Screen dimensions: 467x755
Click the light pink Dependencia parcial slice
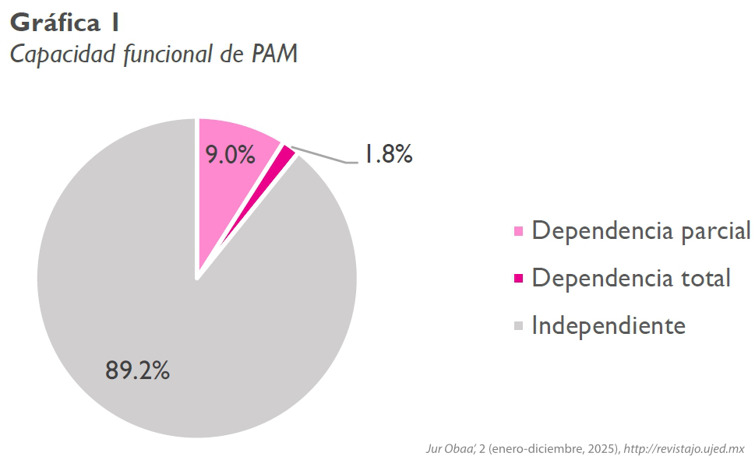(x=234, y=187)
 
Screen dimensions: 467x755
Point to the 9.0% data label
(x=230, y=155)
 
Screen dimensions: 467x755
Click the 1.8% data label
(x=387, y=155)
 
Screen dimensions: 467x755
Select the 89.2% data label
(x=137, y=370)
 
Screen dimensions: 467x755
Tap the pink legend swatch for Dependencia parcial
(x=519, y=231)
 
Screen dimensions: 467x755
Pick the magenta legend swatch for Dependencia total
(x=519, y=278)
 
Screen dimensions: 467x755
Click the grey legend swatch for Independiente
(x=519, y=325)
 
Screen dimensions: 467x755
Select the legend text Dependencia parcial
(x=640, y=231)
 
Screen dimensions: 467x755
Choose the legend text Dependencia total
(x=630, y=278)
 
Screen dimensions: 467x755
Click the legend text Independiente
(x=608, y=325)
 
